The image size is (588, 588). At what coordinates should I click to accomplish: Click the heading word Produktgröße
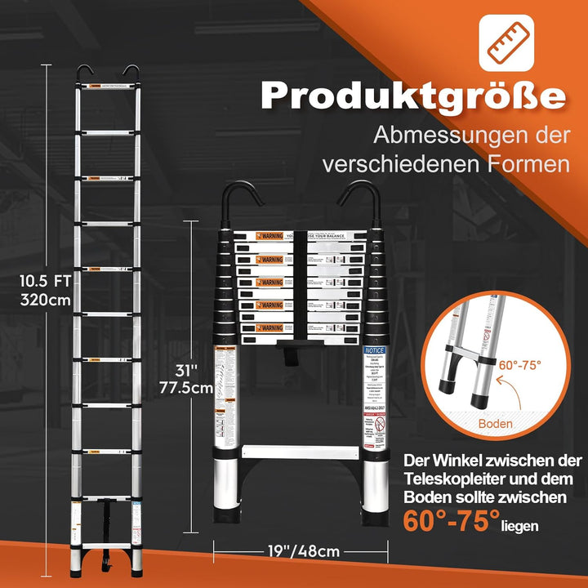413,96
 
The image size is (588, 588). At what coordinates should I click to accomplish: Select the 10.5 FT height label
42,280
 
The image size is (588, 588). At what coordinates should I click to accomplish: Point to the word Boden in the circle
497,424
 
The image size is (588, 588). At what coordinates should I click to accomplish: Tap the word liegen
521,526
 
